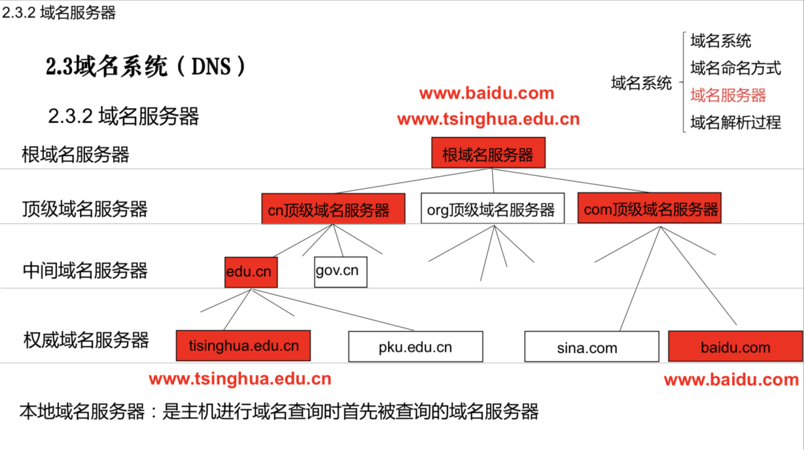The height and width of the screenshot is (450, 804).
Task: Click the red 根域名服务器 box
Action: coord(488,153)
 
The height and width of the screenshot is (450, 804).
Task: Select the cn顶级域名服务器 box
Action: coord(333,209)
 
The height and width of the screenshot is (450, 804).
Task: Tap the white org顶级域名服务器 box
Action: coord(492,209)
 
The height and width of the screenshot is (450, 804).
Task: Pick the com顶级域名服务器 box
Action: coord(649,209)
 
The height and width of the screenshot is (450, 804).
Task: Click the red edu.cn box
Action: coord(251,272)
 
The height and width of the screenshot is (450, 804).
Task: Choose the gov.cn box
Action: coord(340,272)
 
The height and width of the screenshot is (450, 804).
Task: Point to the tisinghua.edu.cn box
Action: coord(243,346)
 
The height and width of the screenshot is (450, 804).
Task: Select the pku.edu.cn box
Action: coord(415,347)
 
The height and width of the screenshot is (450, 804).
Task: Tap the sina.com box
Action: coord(591,347)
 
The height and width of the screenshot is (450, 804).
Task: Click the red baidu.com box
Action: coord(735,347)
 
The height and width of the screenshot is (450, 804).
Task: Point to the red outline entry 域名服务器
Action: coord(728,95)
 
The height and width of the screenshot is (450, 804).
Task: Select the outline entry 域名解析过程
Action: coord(735,122)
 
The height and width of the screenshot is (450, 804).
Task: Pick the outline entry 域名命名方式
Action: coord(735,67)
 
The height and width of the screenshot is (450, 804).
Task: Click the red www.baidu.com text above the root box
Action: coord(487,94)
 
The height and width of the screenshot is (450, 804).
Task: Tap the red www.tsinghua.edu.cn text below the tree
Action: coord(240,379)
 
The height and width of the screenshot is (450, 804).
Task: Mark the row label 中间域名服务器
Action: coord(85,271)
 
